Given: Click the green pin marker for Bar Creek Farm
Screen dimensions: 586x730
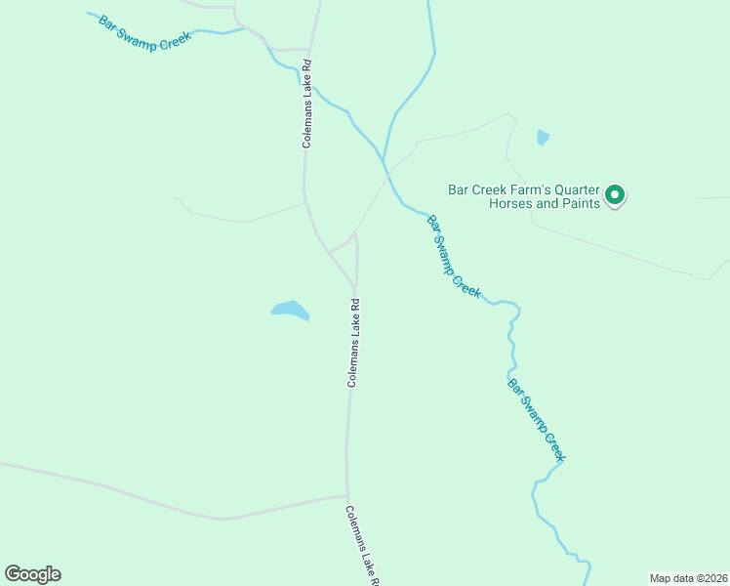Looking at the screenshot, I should coord(615,195).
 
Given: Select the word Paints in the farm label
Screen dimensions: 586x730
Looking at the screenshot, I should coord(576,204).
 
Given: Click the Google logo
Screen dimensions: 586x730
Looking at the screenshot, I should coord(32,574).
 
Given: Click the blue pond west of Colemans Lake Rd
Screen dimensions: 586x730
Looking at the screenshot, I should coord(290,311).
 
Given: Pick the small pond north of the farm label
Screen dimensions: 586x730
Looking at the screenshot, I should coord(543,138).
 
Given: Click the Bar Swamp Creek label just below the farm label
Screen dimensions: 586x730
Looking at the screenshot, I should coord(454,255).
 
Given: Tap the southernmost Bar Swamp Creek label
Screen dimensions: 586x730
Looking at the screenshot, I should coord(536,420).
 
